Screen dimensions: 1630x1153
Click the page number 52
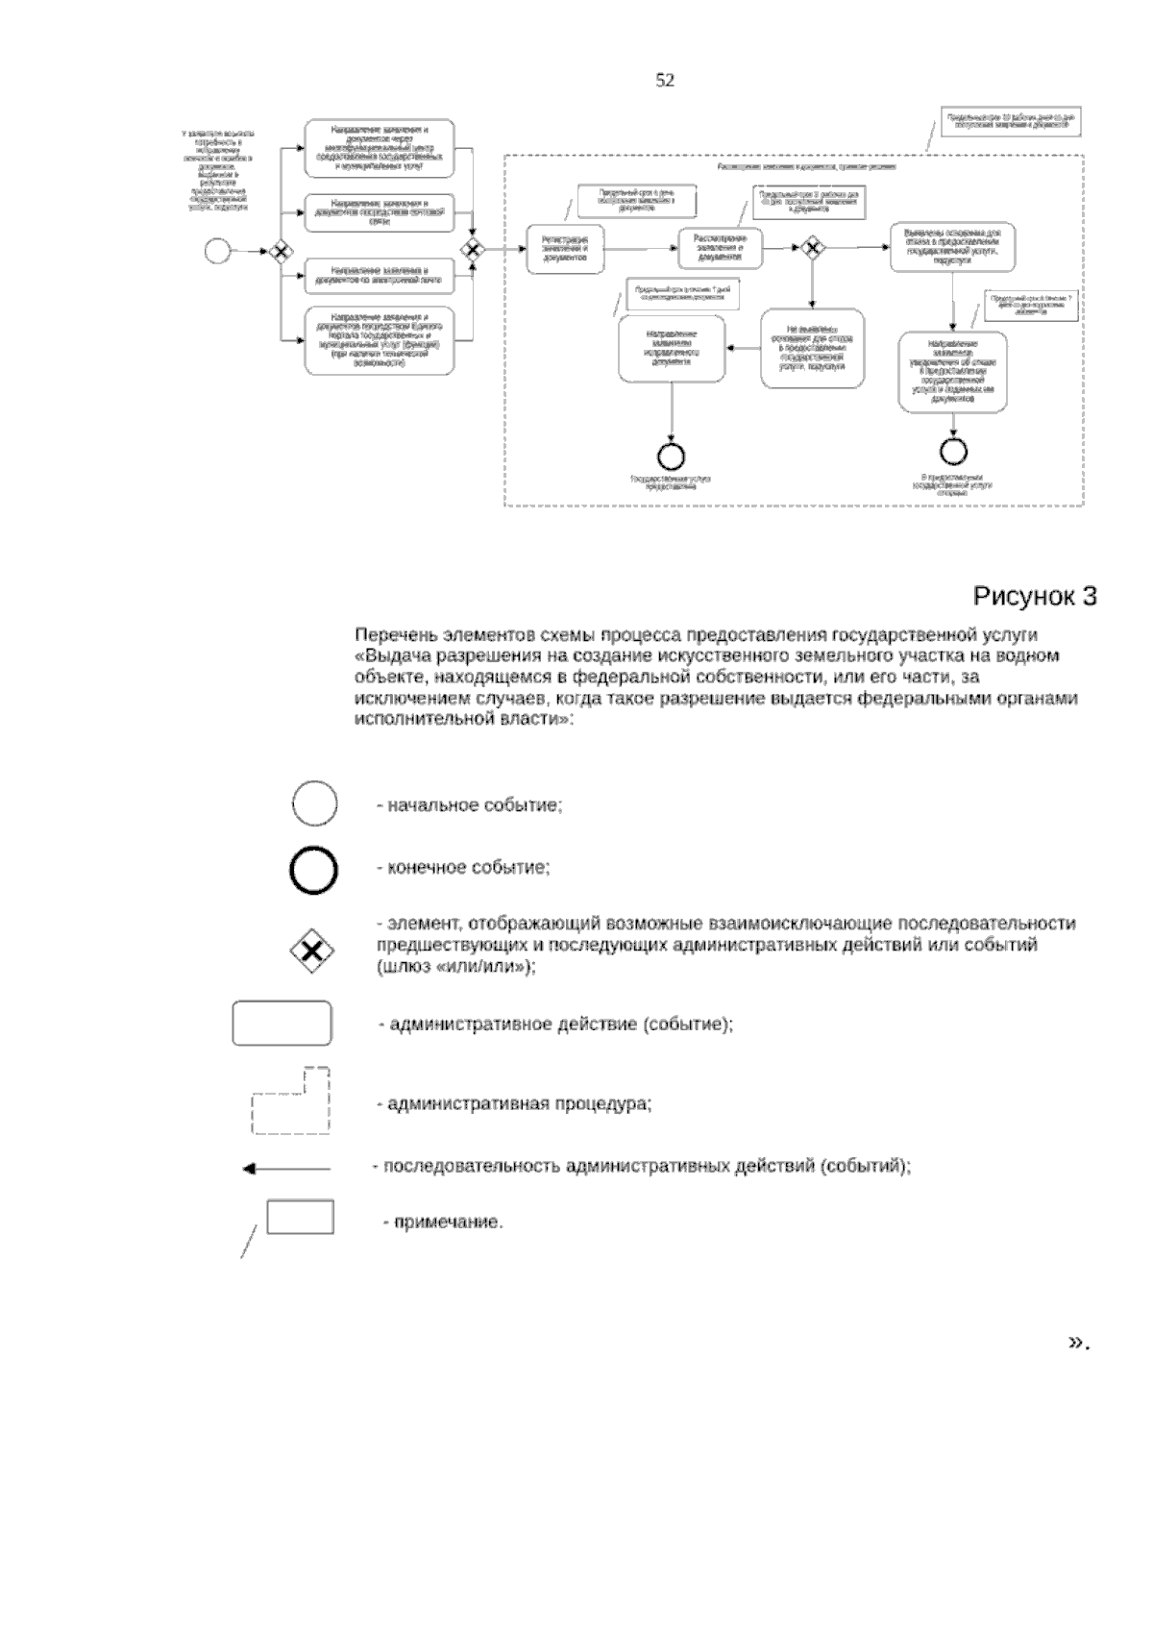[665, 81]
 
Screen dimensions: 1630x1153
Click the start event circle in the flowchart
[218, 251]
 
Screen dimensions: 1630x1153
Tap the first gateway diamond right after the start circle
[280, 251]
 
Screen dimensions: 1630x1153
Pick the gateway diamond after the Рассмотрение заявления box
[813, 248]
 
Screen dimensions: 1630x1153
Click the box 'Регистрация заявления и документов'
[566, 248]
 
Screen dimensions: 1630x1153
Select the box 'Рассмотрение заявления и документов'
[720, 248]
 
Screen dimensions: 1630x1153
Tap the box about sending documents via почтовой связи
[380, 213]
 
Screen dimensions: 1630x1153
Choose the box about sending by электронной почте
[380, 277]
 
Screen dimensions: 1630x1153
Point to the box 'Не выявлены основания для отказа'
[813, 348]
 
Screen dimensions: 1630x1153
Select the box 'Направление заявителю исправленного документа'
[672, 348]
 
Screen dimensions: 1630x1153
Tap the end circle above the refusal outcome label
[952, 451]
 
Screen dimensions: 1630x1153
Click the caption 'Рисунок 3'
[1035, 597]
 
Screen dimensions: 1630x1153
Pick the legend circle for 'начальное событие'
[314, 804]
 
